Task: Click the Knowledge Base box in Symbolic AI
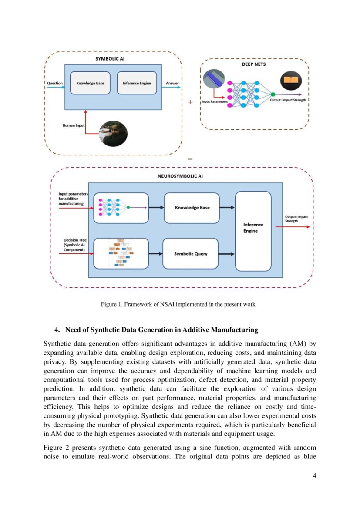90,83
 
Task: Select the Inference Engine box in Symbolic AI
137,83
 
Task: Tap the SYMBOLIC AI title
113,58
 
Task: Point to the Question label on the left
54,83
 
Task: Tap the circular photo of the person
113,133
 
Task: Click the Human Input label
73,125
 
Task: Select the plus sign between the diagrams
190,102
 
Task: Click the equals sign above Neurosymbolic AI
190,159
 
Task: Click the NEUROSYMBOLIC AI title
180,176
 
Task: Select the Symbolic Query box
190,253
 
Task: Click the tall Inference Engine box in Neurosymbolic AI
253,228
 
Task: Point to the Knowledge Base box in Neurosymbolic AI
192,208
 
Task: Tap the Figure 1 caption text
178,304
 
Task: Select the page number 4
315,475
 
